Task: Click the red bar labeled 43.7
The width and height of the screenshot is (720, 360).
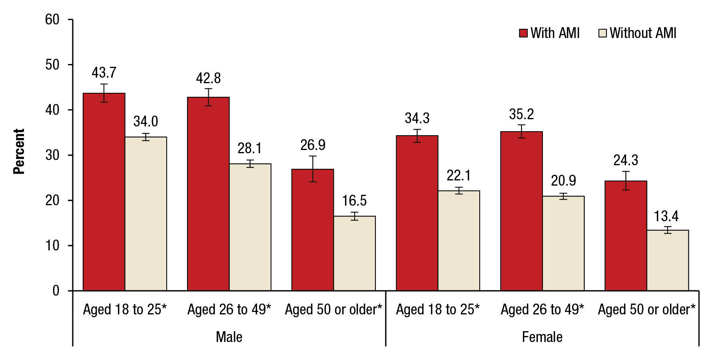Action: (x=104, y=192)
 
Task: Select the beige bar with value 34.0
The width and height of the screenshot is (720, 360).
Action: (x=146, y=214)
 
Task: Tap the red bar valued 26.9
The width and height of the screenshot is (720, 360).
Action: (x=313, y=230)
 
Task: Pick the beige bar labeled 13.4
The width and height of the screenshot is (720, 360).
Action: (x=667, y=260)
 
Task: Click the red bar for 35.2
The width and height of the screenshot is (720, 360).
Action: (x=521, y=211)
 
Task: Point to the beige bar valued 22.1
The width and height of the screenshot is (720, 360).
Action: (x=459, y=240)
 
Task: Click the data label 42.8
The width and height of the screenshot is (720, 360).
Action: (x=208, y=78)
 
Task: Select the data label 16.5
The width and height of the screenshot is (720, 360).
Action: (x=354, y=200)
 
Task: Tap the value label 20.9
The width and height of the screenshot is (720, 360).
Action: (x=563, y=180)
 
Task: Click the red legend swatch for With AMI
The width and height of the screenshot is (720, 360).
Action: (x=523, y=33)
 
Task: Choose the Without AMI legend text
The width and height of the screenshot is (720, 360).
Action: (x=643, y=33)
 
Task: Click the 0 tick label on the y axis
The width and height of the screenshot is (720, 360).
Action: (x=56, y=290)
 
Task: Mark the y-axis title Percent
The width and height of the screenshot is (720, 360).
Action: (x=19, y=151)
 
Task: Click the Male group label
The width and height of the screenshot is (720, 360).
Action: (x=229, y=337)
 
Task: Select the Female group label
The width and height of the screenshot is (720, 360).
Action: (x=542, y=337)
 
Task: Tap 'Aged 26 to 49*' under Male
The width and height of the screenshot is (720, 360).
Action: (x=229, y=310)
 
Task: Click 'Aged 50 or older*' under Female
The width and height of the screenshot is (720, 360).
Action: (x=646, y=310)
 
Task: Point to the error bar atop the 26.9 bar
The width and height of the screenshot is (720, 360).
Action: (x=313, y=169)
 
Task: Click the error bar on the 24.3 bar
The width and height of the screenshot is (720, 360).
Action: (x=626, y=180)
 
